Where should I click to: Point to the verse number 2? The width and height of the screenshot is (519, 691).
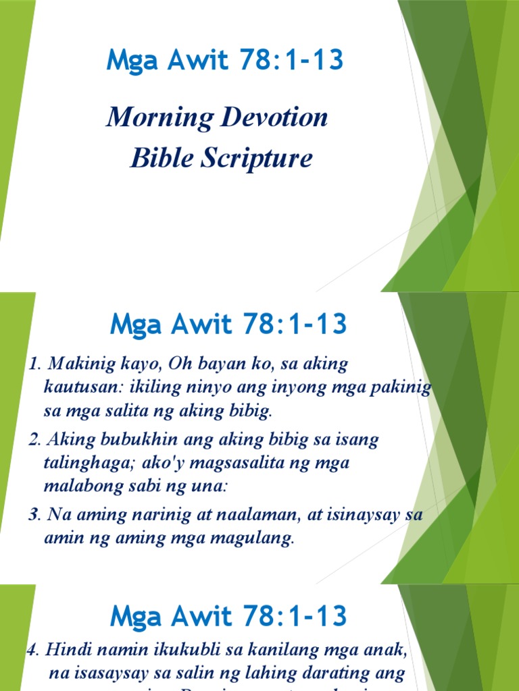[x=32, y=441]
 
